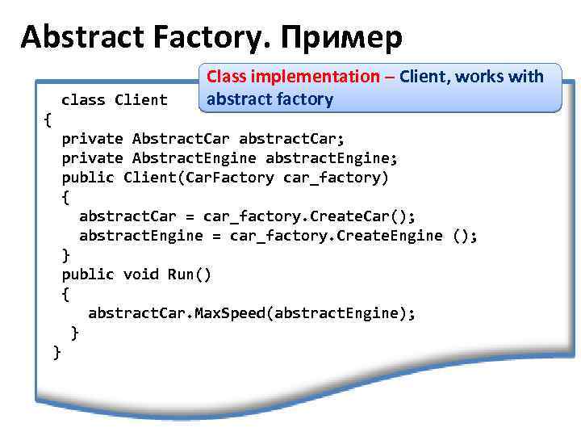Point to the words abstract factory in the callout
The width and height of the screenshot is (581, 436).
(269, 99)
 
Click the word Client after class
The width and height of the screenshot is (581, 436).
(141, 100)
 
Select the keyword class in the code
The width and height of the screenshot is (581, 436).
(83, 100)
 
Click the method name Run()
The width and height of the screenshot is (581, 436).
(190, 274)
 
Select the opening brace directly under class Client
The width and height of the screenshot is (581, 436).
(48, 119)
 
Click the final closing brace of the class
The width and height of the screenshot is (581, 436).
(56, 351)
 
